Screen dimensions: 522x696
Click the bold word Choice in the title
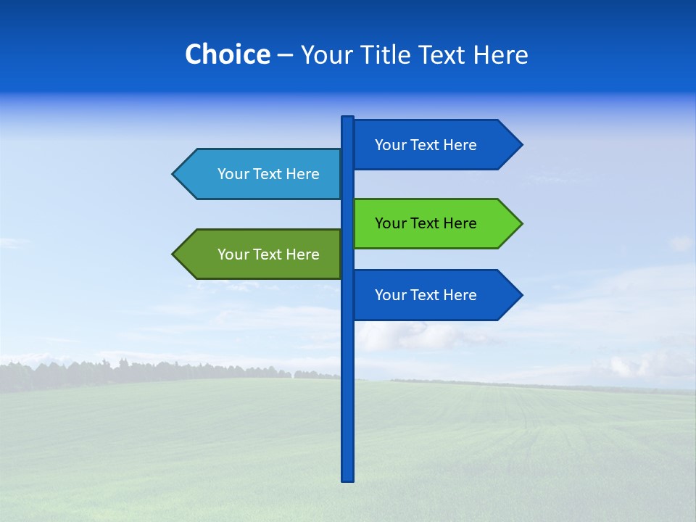[227, 54]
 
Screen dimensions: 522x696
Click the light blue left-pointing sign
[261, 174]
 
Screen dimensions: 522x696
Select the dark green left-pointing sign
[261, 254]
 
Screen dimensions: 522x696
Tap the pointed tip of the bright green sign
[520, 223]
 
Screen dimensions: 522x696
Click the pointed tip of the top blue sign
[520, 145]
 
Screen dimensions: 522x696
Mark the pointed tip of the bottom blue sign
[520, 295]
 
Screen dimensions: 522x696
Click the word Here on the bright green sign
[460, 223]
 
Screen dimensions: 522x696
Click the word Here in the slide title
[500, 54]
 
